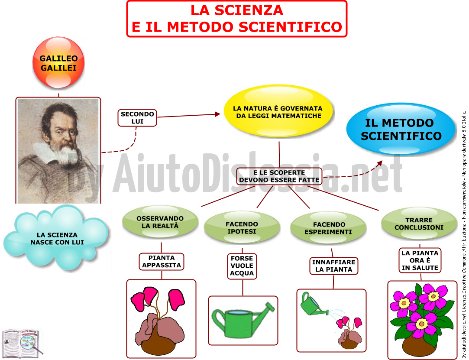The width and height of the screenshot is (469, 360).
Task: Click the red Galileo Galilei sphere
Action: click(58, 62)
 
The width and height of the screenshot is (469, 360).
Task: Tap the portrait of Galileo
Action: click(58, 151)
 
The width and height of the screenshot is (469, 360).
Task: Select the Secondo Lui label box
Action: click(137, 117)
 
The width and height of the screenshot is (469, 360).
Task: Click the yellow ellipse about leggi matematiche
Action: click(278, 111)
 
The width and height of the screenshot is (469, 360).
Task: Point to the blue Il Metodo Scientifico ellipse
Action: click(401, 129)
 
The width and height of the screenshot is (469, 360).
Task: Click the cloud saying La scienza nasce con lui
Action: click(55, 237)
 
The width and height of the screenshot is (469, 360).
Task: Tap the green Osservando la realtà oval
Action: click(160, 222)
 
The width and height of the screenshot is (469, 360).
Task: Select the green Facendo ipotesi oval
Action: click(242, 227)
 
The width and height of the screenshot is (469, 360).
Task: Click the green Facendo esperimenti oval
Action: click(328, 228)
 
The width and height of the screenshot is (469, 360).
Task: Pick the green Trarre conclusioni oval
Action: click(419, 224)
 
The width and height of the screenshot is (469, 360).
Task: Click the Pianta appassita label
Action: click(162, 262)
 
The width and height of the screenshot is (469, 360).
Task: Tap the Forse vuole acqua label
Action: click(242, 266)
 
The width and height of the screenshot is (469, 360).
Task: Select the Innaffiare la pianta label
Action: click(333, 266)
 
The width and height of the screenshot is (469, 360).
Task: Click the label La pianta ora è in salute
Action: click(420, 260)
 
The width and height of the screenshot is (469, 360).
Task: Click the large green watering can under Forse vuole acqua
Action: click(243, 319)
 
